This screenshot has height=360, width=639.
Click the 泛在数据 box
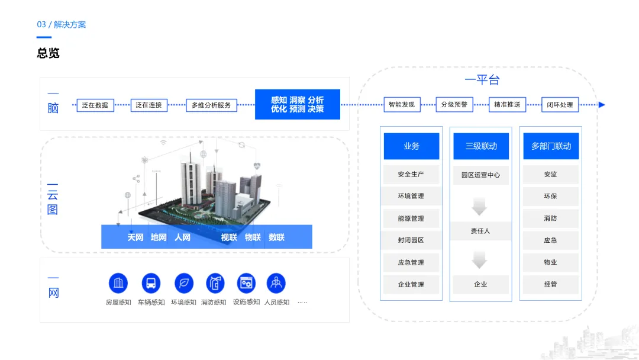click(x=95, y=105)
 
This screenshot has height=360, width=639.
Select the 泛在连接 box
click(x=149, y=105)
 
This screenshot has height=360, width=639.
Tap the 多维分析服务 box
click(x=211, y=105)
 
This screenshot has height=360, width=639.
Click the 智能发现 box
click(x=402, y=105)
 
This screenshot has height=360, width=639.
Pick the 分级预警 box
click(x=454, y=105)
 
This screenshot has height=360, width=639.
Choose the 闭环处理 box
click(x=560, y=105)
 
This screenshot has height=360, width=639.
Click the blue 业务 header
click(x=411, y=146)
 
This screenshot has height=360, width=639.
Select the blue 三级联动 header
click(x=481, y=146)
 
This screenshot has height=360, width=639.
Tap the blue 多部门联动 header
click(x=551, y=146)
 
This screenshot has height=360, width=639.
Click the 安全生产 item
click(x=411, y=175)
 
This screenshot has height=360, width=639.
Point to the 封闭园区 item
click(x=411, y=240)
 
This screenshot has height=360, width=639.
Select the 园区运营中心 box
click(x=481, y=175)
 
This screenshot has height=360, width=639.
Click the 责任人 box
click(x=481, y=231)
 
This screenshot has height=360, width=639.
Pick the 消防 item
click(x=551, y=218)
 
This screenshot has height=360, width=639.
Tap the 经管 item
click(x=551, y=284)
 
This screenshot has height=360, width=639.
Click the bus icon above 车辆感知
click(x=151, y=283)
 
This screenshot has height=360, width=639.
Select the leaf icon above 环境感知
click(x=184, y=283)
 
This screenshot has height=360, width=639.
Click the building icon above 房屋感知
click(x=118, y=283)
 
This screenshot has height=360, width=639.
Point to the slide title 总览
click(x=49, y=53)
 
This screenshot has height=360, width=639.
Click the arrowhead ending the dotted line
click(x=602, y=105)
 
